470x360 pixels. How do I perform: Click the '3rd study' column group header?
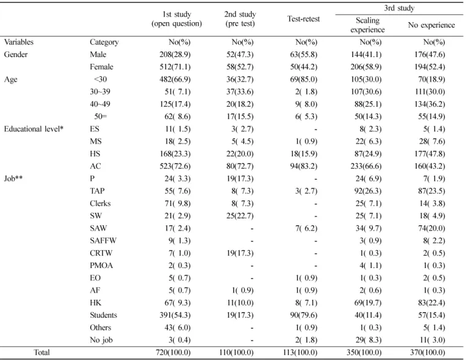[399, 8]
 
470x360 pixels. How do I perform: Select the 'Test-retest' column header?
[303, 19]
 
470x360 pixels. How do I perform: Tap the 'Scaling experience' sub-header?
[368, 25]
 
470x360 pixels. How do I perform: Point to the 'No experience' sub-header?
[431, 25]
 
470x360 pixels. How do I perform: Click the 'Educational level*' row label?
[34, 129]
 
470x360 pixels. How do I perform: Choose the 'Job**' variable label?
[13, 179]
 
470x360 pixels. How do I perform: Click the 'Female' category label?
[101, 67]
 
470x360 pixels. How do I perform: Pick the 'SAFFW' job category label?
[103, 241]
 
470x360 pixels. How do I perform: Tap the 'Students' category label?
[104, 315]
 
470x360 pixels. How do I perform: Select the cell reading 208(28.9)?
[175, 55]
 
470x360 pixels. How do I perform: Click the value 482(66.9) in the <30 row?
[175, 79]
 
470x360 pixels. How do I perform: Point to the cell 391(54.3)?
[175, 315]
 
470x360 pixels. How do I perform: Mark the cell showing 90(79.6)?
[304, 315]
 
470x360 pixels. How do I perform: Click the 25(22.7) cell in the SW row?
[240, 216]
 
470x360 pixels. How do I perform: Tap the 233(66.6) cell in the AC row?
[366, 166]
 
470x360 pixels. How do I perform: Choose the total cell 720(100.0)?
[173, 353]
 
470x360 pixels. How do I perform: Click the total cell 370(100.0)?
[428, 353]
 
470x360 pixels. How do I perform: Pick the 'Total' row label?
[42, 353]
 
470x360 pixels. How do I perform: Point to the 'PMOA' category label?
[101, 266]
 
